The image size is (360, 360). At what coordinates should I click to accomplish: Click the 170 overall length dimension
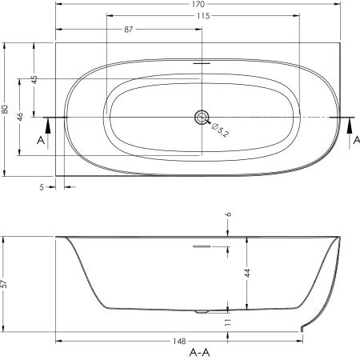[198, 4]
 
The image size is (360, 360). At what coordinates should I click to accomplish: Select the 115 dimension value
[203, 16]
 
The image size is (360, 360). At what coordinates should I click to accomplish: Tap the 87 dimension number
[128, 30]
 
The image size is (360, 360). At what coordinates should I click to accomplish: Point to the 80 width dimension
[5, 110]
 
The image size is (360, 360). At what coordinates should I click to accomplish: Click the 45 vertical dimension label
[34, 80]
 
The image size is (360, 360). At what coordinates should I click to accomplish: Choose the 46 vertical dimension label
[20, 117]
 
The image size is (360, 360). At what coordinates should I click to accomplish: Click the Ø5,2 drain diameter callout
[220, 130]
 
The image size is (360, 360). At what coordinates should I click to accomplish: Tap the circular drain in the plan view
[202, 118]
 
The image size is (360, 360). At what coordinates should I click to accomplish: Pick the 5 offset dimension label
[42, 187]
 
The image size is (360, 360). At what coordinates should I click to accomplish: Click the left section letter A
[41, 140]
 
